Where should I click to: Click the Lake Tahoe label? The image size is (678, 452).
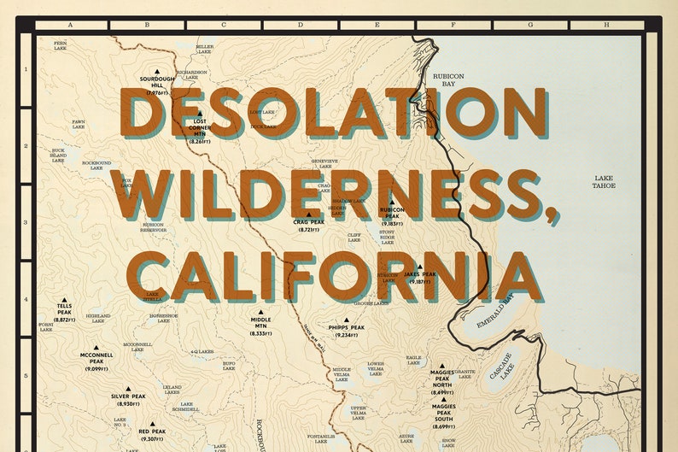point(605,181)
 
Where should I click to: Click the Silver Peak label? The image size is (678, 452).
point(128,396)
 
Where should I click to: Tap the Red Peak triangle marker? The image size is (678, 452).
point(152,424)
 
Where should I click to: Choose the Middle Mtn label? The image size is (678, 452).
point(261,323)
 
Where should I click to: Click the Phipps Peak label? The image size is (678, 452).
point(346,327)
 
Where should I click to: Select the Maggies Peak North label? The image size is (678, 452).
point(442,377)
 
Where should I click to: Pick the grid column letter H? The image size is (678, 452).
point(606,26)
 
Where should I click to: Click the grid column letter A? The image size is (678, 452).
point(70,26)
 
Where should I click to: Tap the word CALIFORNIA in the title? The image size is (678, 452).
point(338,275)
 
